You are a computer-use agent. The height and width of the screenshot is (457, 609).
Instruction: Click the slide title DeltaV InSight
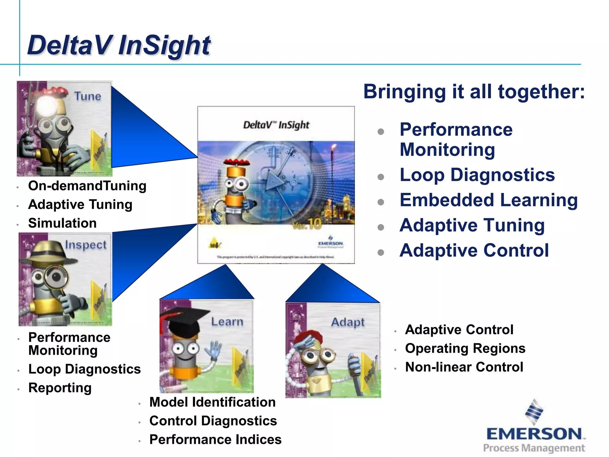119,45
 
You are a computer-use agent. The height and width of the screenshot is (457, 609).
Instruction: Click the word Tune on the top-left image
88,96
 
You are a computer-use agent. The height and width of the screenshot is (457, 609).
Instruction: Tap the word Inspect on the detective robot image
86,245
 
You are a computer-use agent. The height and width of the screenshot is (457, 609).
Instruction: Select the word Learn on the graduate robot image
227,322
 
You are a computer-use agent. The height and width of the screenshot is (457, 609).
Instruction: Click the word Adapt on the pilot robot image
348,322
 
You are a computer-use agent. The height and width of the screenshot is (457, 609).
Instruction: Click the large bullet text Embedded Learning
488,200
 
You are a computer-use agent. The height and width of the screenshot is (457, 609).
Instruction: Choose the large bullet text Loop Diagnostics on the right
477,175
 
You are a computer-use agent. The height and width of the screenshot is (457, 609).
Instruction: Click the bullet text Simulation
62,223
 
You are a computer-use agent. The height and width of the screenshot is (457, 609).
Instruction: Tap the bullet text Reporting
60,388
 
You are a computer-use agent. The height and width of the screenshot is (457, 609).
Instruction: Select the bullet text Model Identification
212,402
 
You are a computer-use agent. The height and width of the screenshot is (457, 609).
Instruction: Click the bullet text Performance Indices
215,439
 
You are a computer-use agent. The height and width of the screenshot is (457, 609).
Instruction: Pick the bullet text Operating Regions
465,348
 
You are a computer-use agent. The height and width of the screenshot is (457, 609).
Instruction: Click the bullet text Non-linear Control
464,367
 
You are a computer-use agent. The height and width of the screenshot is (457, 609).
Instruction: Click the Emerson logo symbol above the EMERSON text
534,412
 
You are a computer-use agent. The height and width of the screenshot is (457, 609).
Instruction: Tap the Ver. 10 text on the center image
307,224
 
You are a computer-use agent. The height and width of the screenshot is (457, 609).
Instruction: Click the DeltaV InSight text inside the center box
276,125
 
